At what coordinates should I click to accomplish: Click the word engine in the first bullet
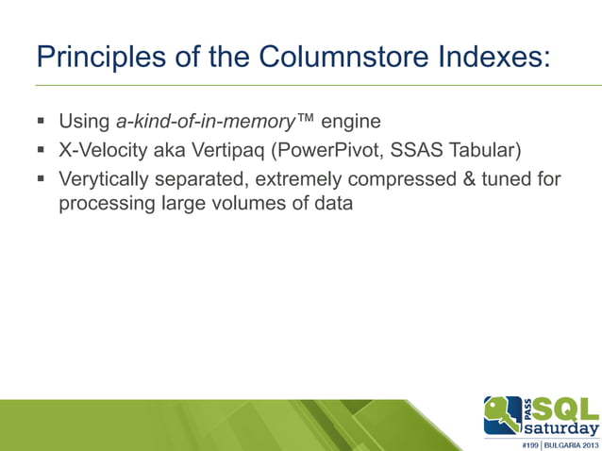352,122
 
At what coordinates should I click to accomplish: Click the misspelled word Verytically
105,178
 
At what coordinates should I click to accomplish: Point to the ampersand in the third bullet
469,178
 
